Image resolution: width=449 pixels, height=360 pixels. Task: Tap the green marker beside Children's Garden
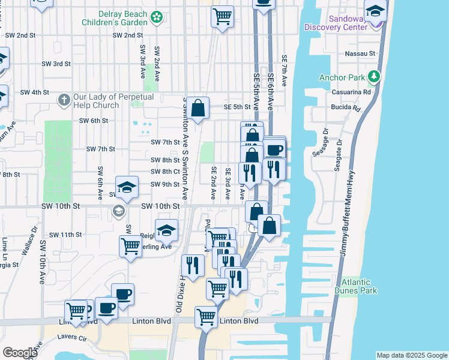157,17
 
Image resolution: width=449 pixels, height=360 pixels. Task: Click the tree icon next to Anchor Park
375,76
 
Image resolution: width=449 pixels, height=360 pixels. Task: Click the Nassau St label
361,53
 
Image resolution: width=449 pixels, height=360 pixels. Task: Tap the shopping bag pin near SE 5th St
197,109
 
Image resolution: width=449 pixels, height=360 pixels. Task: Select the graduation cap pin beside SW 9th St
127,188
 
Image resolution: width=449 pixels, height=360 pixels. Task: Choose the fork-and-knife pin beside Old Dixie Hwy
193,265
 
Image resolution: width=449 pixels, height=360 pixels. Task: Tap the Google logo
20,352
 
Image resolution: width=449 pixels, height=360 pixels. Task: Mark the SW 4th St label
34,92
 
